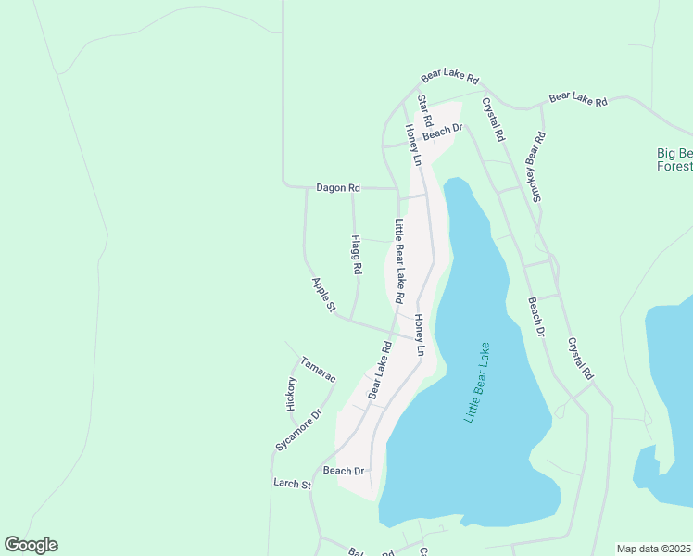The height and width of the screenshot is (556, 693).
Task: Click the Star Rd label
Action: coord(425,110)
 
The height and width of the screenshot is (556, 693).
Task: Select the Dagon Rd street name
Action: coord(337,188)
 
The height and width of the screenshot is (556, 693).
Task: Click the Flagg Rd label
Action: coord(356,254)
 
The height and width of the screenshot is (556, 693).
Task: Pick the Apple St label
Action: coord(322,296)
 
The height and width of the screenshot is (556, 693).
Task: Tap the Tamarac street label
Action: coord(318,368)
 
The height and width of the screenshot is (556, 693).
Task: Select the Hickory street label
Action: coord(291,394)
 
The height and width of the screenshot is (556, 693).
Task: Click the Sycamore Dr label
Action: coord(297,430)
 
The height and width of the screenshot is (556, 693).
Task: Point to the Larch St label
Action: coord(292,484)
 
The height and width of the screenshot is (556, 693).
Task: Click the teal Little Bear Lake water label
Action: coord(477,384)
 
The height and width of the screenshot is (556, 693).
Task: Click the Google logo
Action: coord(31,545)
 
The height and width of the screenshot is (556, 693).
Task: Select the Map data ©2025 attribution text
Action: coord(653,549)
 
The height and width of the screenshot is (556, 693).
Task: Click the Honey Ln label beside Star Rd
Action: coord(412,145)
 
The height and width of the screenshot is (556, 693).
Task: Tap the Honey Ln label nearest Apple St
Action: coord(419,335)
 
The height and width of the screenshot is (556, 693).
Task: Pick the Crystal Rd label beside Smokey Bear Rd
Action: coord(491,120)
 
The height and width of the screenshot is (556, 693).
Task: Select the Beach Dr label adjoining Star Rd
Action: coord(442,134)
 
